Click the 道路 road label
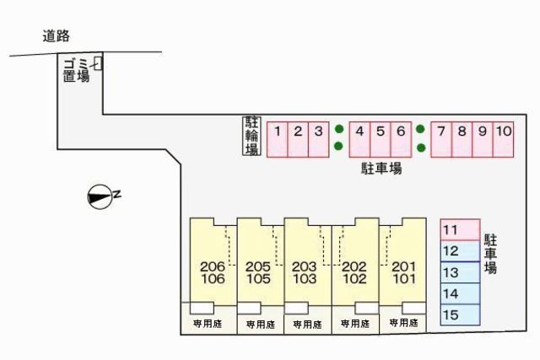[57, 35]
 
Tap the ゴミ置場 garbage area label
[76, 70]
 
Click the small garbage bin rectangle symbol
[98, 64]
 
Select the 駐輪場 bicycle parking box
[251, 136]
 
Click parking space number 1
[278, 139]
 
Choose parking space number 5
[381, 139]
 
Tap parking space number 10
[504, 139]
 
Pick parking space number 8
[462, 139]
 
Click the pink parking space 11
[461, 229]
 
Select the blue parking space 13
[461, 272]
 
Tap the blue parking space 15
[461, 314]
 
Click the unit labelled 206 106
[213, 261]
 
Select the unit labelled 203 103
[307, 261]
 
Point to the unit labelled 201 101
[403, 261]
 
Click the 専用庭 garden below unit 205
[261, 325]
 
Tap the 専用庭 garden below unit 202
[355, 324]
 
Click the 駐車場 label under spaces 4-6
[381, 169]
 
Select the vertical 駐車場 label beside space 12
[490, 254]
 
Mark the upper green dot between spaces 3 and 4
[339, 129]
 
